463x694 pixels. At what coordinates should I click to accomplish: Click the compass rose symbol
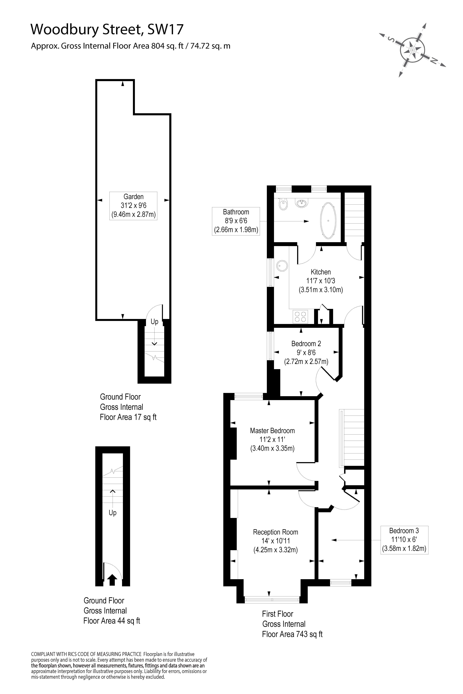413,50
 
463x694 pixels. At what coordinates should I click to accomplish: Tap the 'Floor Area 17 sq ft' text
128,417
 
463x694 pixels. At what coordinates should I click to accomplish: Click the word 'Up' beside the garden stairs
154,322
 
